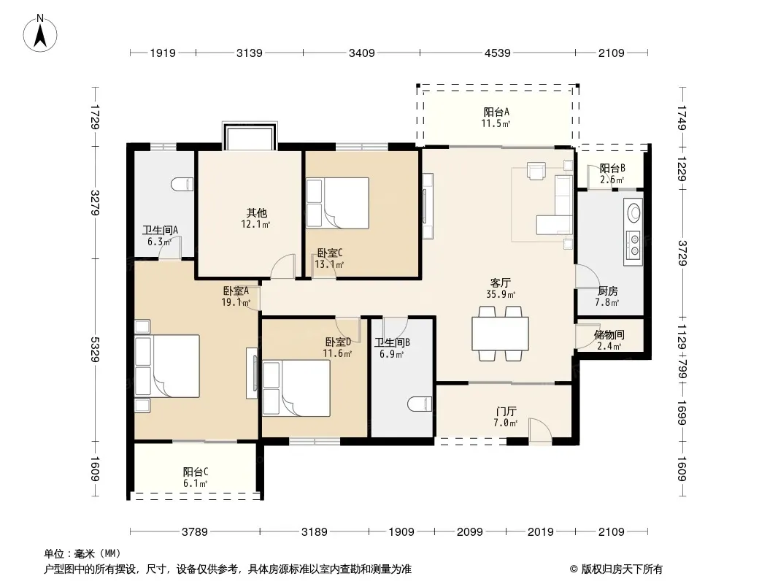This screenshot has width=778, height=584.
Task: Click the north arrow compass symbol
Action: point(40,34)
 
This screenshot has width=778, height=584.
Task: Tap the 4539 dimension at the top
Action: point(497,53)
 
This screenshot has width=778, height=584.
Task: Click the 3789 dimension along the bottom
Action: point(194,532)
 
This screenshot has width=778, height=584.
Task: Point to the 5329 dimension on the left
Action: point(96,350)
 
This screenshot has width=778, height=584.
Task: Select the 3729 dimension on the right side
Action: point(682,253)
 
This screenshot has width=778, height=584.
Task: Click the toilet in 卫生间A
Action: point(182,185)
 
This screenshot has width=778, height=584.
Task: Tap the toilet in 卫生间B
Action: point(420,404)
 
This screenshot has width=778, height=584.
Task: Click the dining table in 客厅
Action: point(500,334)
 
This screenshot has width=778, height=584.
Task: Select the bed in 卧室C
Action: point(337,203)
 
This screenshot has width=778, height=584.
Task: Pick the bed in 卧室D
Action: point(296,388)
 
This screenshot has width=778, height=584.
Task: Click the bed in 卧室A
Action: point(167,366)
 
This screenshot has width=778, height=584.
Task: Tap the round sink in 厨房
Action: point(633,213)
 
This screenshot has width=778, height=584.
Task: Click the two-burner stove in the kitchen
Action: point(633,245)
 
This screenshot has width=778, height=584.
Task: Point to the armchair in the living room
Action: point(536,171)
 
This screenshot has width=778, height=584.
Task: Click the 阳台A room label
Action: point(496,112)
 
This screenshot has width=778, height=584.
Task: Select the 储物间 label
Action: point(609,335)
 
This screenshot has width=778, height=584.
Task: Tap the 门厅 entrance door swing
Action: point(540,430)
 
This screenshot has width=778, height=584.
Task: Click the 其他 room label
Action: point(256,213)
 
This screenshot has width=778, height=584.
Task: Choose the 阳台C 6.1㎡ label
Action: point(195,477)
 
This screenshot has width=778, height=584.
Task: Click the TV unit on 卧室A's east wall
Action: point(252,373)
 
